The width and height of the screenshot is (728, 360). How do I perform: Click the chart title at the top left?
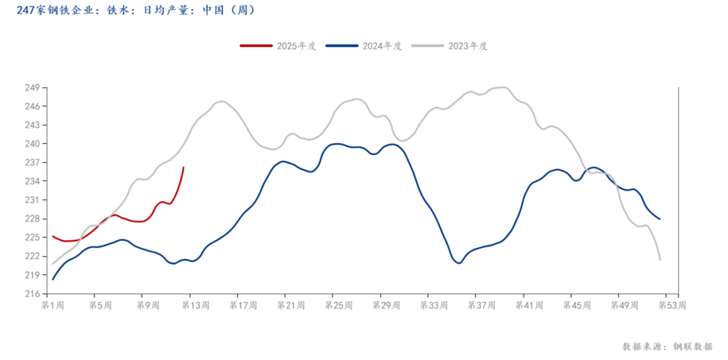135,11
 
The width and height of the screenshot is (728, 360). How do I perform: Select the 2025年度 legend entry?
279,46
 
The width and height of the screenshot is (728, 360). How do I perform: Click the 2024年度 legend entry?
365,46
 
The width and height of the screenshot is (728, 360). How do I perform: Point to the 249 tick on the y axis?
32,88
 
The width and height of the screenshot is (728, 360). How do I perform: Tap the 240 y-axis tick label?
32,144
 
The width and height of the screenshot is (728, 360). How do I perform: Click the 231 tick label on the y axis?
32,200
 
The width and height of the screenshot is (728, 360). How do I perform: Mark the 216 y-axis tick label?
32,294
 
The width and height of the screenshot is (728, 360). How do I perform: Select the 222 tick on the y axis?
32,256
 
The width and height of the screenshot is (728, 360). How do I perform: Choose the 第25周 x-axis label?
338,305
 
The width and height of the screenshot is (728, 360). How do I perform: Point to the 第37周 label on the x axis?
481,305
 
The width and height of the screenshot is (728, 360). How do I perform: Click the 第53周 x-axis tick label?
671,305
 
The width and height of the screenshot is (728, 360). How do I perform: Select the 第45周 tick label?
576,305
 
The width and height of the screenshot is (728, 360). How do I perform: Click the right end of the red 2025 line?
184,167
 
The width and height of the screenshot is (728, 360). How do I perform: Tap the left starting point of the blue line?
53,279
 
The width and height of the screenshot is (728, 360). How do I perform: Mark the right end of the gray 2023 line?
660,260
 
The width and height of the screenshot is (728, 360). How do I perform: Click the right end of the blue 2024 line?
660,219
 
